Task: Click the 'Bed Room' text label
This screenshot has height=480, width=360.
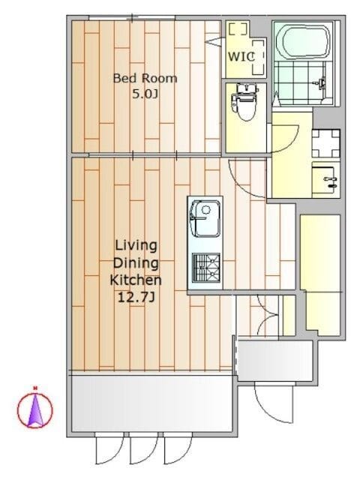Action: pyautogui.click(x=145, y=78)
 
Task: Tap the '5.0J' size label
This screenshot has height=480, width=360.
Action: pyautogui.click(x=145, y=94)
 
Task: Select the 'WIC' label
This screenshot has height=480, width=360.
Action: pyautogui.click(x=241, y=57)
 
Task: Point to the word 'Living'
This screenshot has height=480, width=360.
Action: pyautogui.click(x=136, y=245)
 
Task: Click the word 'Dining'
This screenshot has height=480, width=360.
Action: pyautogui.click(x=136, y=263)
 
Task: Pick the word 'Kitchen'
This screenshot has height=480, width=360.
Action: pyautogui.click(x=136, y=280)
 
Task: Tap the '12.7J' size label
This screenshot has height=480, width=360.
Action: pyautogui.click(x=136, y=297)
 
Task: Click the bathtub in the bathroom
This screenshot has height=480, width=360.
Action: pyautogui.click(x=302, y=42)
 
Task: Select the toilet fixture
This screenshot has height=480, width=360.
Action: pyautogui.click(x=245, y=103)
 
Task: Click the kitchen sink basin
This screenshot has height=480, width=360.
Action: pyautogui.click(x=205, y=218)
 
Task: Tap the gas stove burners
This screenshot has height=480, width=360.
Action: pyautogui.click(x=206, y=268)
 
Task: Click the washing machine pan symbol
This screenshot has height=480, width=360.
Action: pyautogui.click(x=325, y=143)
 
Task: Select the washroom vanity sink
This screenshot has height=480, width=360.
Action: pyautogui.click(x=325, y=180)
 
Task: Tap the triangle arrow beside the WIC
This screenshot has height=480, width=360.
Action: pyautogui.click(x=215, y=42)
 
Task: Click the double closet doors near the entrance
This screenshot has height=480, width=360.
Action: pyautogui.click(x=268, y=314)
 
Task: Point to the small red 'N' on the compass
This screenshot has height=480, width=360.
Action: pyautogui.click(x=35, y=388)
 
